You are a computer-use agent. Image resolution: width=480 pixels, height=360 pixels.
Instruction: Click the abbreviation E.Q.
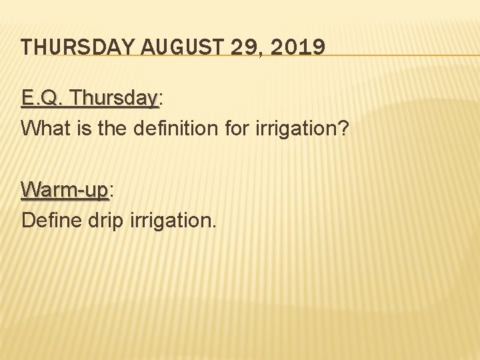(43, 99)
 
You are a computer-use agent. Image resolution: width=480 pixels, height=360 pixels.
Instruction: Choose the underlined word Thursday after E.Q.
(113, 99)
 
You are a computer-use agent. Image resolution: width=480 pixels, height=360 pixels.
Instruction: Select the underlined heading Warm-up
(64, 190)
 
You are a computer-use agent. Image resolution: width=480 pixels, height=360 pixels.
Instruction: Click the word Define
(51, 219)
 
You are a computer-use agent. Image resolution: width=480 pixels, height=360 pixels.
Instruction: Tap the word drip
(103, 219)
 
